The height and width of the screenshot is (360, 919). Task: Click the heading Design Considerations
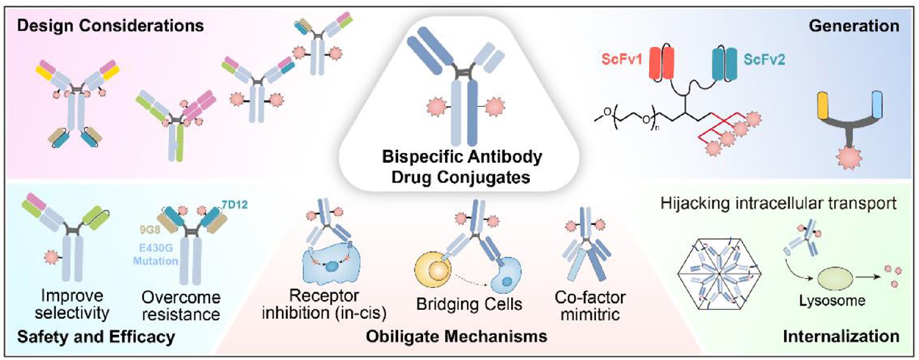pyautogui.click(x=110, y=25)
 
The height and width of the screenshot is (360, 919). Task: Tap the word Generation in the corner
pyautogui.click(x=853, y=25)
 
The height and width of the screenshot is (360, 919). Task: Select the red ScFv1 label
pyautogui.click(x=621, y=59)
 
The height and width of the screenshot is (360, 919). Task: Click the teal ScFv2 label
pyautogui.click(x=764, y=59)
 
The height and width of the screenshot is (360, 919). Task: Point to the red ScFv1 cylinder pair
pyautogui.click(x=661, y=63)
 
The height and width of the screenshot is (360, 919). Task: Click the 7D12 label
pyautogui.click(x=234, y=204)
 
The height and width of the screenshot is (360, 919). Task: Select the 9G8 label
pyautogui.click(x=149, y=230)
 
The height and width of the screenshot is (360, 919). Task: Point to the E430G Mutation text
pyautogui.click(x=155, y=254)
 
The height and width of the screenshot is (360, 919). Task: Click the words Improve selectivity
pyautogui.click(x=72, y=304)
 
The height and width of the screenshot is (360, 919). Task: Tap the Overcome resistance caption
pyautogui.click(x=181, y=305)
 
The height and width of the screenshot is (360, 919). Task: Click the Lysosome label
pyautogui.click(x=832, y=301)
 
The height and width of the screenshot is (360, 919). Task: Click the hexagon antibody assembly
pyautogui.click(x=719, y=274)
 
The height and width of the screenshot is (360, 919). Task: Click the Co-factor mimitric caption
pyautogui.click(x=590, y=305)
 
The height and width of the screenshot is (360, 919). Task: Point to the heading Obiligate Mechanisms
pyautogui.click(x=456, y=336)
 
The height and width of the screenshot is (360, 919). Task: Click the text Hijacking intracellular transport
pyautogui.click(x=778, y=203)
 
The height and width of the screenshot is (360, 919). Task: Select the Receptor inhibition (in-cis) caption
pyautogui.click(x=324, y=304)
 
